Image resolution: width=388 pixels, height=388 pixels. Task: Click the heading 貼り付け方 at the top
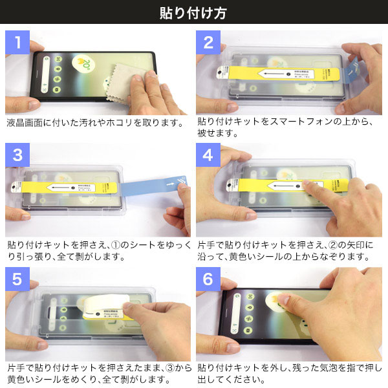(x=193, y=12)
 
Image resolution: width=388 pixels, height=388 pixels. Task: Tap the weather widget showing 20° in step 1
(x=85, y=63)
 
